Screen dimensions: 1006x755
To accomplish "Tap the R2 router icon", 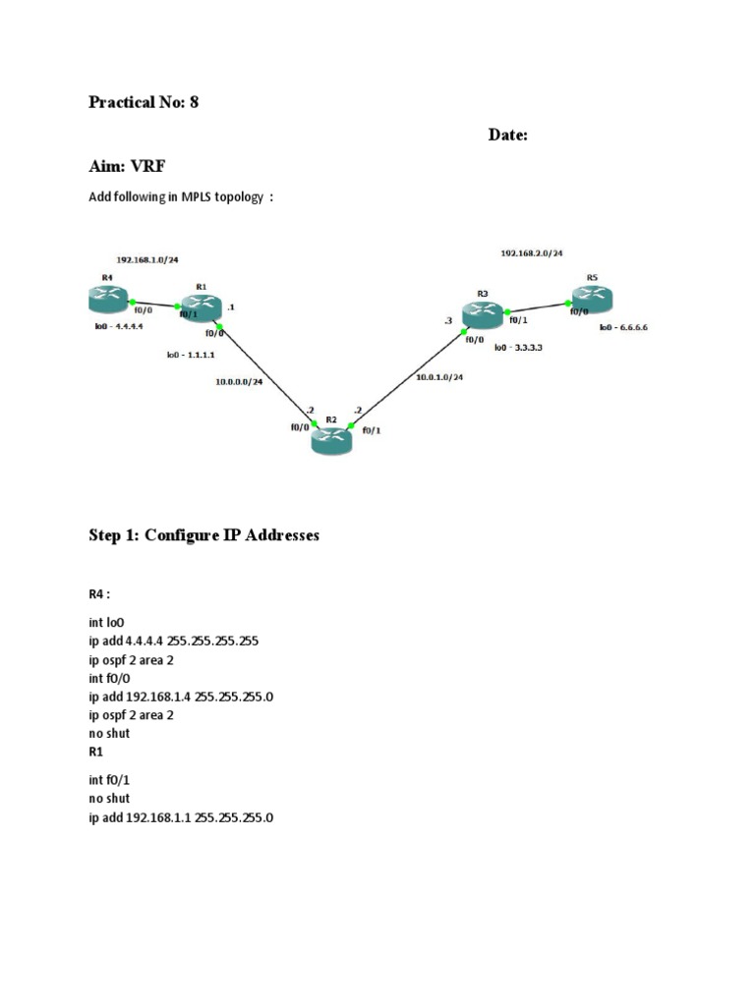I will [x=331, y=439].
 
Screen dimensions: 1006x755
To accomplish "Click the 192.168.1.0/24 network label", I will [x=147, y=260].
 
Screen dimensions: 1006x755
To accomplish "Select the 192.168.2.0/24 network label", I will [x=532, y=253].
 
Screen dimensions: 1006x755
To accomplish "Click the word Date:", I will [x=508, y=136].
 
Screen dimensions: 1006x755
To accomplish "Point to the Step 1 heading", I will [x=203, y=536].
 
